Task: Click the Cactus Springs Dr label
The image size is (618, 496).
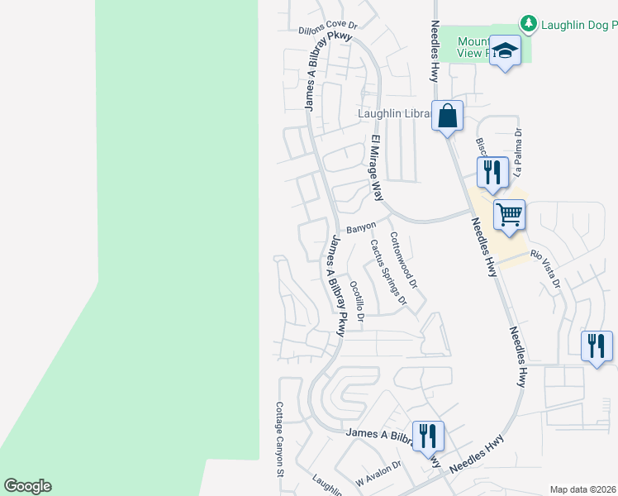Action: [388, 272]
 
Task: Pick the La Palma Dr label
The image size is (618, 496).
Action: [518, 153]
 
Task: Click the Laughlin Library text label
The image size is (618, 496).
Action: [393, 113]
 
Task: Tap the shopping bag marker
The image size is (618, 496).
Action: [447, 117]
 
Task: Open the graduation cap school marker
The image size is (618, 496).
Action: [504, 50]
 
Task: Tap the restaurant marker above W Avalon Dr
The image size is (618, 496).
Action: [427, 436]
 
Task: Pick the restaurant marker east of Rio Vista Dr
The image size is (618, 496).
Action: [597, 346]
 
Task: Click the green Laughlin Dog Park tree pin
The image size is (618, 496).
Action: [530, 24]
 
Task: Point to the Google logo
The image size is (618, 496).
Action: [27, 486]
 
